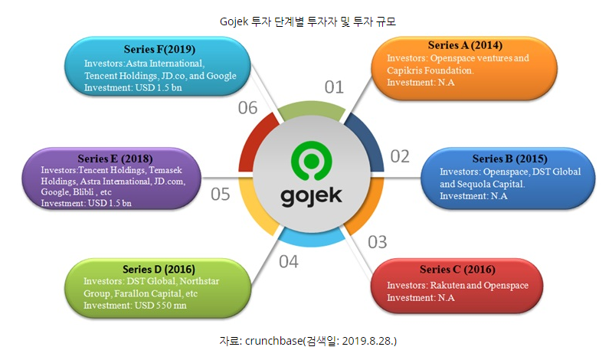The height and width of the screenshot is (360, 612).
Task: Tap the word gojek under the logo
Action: pyautogui.click(x=310, y=196)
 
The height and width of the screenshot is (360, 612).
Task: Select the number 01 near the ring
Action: pyautogui.click(x=335, y=87)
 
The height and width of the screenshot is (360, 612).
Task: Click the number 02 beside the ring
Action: pyautogui.click(x=400, y=156)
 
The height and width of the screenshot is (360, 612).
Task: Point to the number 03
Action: pyautogui.click(x=377, y=243)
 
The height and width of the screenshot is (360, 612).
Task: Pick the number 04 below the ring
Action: pyautogui.click(x=288, y=262)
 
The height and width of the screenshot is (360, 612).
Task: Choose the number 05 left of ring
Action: pyautogui.click(x=221, y=194)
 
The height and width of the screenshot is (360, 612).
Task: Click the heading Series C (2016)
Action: pyautogui.click(x=457, y=270)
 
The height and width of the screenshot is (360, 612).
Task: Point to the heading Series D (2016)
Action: pyautogui.click(x=159, y=269)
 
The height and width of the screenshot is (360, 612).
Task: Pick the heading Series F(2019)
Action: pyautogui.click(x=156, y=50)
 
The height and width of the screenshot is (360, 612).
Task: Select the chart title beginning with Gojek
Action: pyautogui.click(x=306, y=21)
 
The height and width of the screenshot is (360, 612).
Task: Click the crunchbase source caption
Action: pyautogui.click(x=308, y=339)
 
